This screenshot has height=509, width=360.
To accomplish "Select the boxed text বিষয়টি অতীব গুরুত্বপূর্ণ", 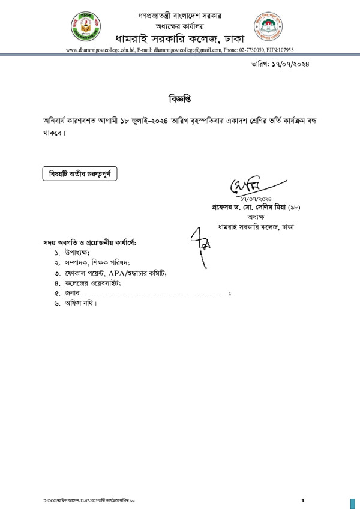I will (79, 174).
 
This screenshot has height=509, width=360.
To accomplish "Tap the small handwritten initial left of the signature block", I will (201, 240).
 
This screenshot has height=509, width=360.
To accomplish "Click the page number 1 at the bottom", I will (303, 500).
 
